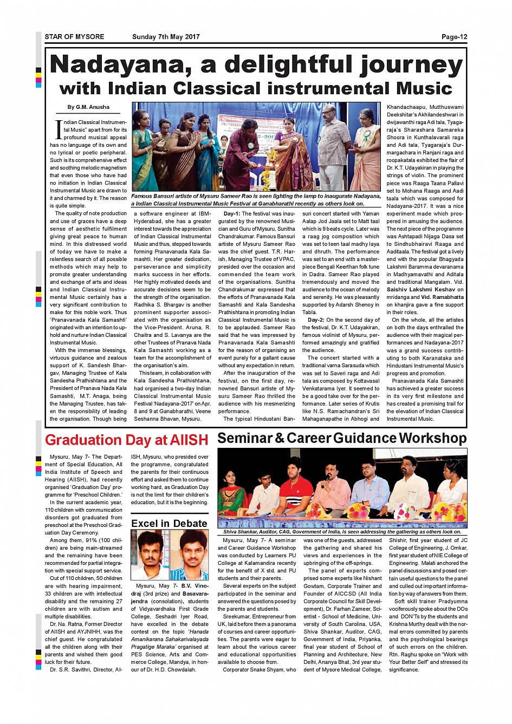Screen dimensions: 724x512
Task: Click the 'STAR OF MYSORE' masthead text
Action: (x=74, y=37)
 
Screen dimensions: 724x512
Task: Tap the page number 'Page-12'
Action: (x=454, y=37)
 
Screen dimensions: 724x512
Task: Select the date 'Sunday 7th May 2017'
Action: (x=166, y=37)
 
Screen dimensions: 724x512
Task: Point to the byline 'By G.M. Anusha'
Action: (x=88, y=107)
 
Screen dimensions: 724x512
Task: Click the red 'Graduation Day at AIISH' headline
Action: (x=126, y=440)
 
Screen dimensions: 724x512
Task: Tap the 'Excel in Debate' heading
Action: (x=169, y=523)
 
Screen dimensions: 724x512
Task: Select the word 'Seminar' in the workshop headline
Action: (x=245, y=438)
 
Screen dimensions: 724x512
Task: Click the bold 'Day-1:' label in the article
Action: (x=232, y=214)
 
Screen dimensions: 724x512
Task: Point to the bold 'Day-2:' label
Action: (x=316, y=320)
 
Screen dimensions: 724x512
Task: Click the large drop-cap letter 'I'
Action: (x=59, y=129)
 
